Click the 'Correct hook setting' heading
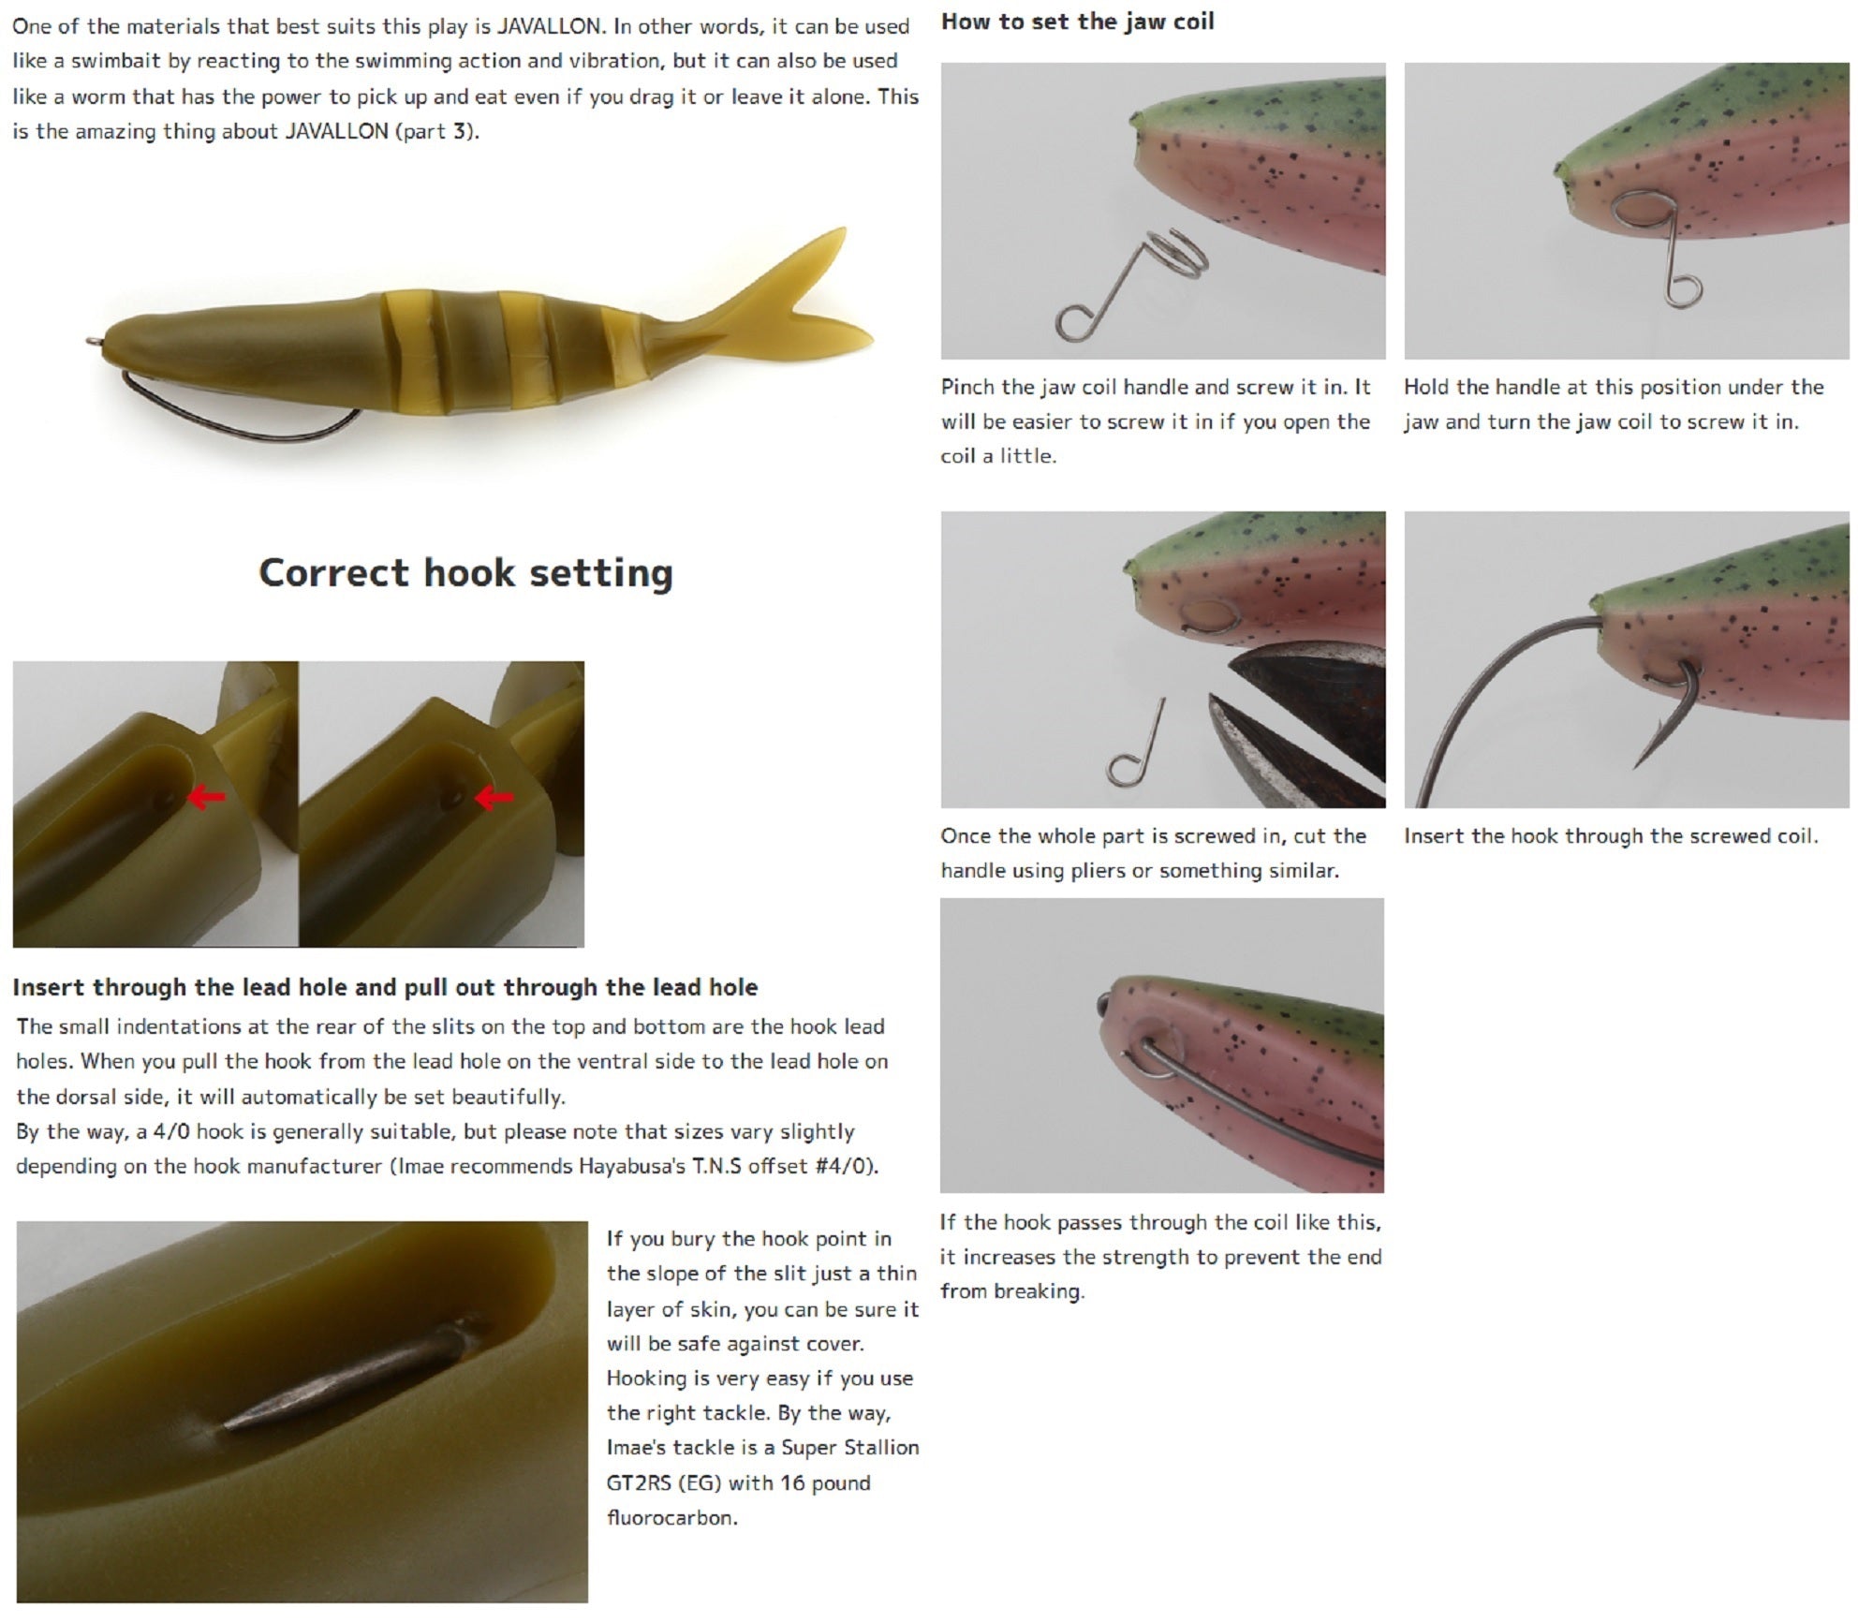[465, 573]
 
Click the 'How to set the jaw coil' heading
[1077, 22]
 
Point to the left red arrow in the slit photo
[207, 797]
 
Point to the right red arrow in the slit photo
[494, 798]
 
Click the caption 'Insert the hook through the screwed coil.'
[1611, 836]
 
